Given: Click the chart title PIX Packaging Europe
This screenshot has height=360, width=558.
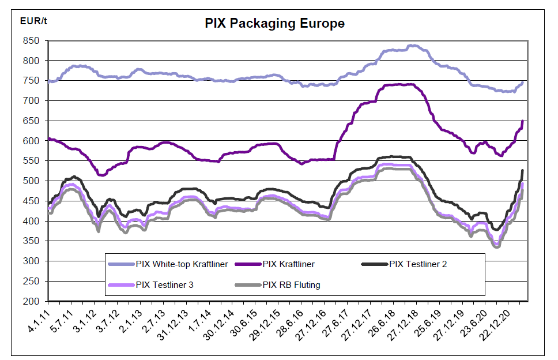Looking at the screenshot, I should coord(274,24).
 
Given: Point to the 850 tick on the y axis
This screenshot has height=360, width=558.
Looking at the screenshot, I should coord(32,41).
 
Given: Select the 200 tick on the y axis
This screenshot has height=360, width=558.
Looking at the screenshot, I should coord(32,301).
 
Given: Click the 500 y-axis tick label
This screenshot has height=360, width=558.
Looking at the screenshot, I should coord(32,181).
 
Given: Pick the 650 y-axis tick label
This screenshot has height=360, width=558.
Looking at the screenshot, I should coord(32,121).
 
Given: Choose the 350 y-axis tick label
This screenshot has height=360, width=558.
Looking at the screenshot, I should coord(32,241).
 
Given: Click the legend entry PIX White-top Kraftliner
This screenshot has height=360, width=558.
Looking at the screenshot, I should coord(182,264).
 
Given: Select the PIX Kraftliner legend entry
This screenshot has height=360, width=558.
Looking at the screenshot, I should coord(288,264).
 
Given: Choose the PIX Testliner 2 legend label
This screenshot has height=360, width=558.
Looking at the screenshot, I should coord(418,264).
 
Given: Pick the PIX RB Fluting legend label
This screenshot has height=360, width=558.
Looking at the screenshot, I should coord(291,284).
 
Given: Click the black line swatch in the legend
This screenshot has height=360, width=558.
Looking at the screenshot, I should coord(374,264).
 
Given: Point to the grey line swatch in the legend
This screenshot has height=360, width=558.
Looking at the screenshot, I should coord(247,284).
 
